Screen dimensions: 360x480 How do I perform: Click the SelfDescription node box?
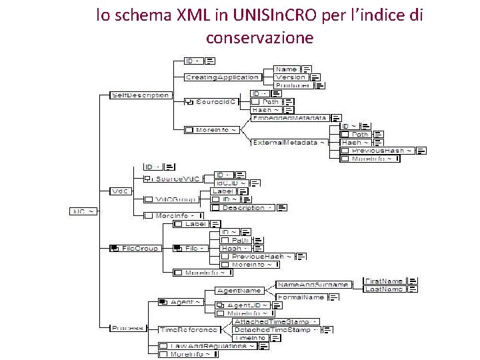coord(140,95)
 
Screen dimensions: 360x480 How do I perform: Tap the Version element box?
coord(290,77)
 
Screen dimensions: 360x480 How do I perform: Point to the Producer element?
coord(292,85)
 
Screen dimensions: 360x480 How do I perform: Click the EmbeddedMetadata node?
coord(289,118)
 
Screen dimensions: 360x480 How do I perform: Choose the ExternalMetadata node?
coord(289,142)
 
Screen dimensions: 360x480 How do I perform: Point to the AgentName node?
coord(239,290)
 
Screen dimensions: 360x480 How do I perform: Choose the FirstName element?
coord(384,281)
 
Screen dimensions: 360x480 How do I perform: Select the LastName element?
coord(384,289)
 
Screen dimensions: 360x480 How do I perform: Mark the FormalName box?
coord(301,297)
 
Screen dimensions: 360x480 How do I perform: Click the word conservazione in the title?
coord(259,38)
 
